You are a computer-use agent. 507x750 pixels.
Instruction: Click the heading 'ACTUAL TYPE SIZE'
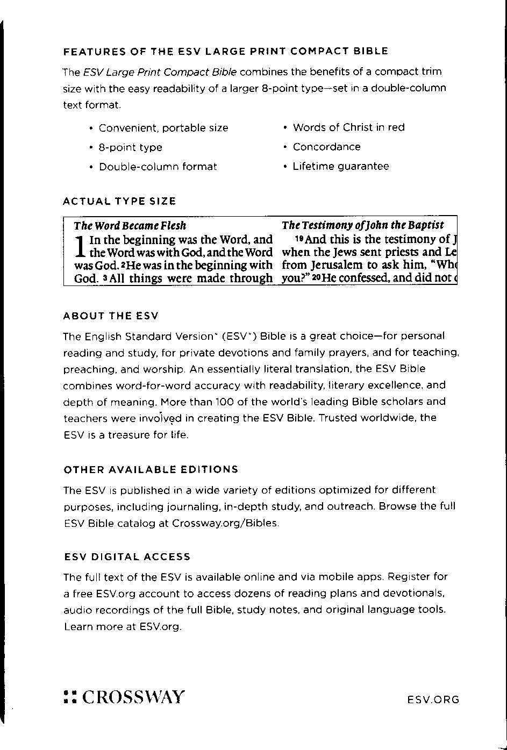(119, 202)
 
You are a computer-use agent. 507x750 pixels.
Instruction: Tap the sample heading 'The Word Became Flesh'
(130, 225)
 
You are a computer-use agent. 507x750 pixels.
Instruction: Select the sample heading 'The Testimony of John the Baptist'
(363, 225)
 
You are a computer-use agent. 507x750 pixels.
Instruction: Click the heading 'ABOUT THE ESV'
(111, 316)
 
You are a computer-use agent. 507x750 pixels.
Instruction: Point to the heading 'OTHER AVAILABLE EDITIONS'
(151, 470)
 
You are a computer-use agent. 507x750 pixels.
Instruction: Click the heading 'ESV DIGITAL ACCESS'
(127, 557)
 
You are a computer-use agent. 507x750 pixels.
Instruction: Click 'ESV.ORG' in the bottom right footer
(433, 699)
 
